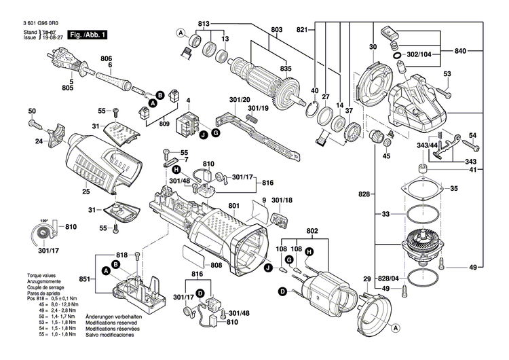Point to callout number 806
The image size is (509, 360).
pyautogui.click(x=106, y=58)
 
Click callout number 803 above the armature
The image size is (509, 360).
pyautogui.click(x=276, y=29)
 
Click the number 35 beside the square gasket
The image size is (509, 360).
pyautogui.click(x=454, y=188)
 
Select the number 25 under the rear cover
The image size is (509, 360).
pyautogui.click(x=86, y=192)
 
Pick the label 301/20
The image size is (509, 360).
pyautogui.click(x=240, y=100)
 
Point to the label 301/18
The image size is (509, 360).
pyautogui.click(x=282, y=201)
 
